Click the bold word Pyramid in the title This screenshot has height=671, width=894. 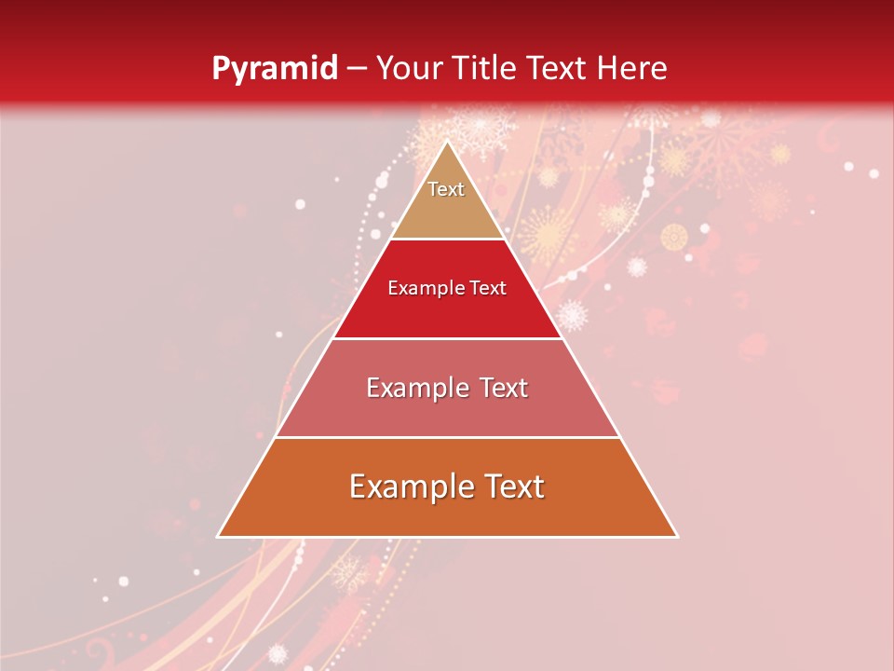click(274, 69)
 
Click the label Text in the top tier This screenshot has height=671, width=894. click(446, 189)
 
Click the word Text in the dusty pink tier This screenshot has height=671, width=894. click(498, 388)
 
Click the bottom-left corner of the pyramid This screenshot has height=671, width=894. click(218, 537)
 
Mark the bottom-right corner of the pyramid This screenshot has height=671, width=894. click(677, 537)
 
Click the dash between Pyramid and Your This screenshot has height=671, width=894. click(357, 69)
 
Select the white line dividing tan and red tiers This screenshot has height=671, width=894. click(447, 240)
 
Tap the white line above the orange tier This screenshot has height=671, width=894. click(447, 437)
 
